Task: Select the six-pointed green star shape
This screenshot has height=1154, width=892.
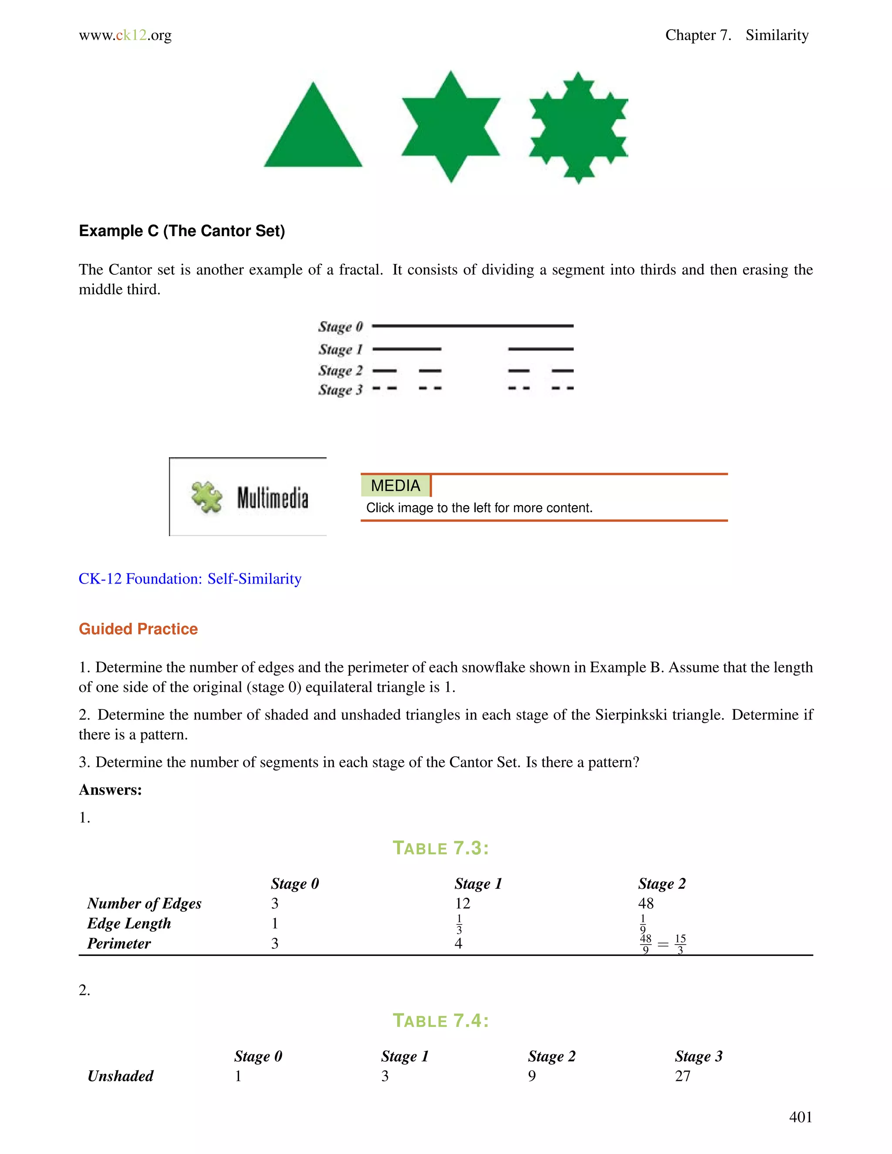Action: point(451,127)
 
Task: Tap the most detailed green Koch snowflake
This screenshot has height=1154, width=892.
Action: point(579,128)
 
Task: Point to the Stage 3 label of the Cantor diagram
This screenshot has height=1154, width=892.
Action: point(340,390)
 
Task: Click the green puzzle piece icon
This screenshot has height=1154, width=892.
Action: point(206,497)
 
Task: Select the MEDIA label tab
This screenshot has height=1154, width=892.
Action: point(395,486)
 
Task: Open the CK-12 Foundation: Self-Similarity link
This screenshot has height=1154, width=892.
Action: point(190,579)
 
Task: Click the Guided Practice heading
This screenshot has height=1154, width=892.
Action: point(138,629)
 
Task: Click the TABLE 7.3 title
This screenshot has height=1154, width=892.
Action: point(441,848)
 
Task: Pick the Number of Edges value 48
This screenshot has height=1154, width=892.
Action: point(646,904)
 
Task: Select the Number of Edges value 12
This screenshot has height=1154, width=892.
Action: point(463,904)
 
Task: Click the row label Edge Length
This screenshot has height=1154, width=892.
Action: point(129,924)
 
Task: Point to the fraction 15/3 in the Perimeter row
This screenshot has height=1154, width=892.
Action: point(680,944)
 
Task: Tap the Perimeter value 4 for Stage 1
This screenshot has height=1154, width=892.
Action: point(458,944)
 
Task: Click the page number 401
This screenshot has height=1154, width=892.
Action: point(800,1117)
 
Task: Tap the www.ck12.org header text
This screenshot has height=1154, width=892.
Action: point(125,35)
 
